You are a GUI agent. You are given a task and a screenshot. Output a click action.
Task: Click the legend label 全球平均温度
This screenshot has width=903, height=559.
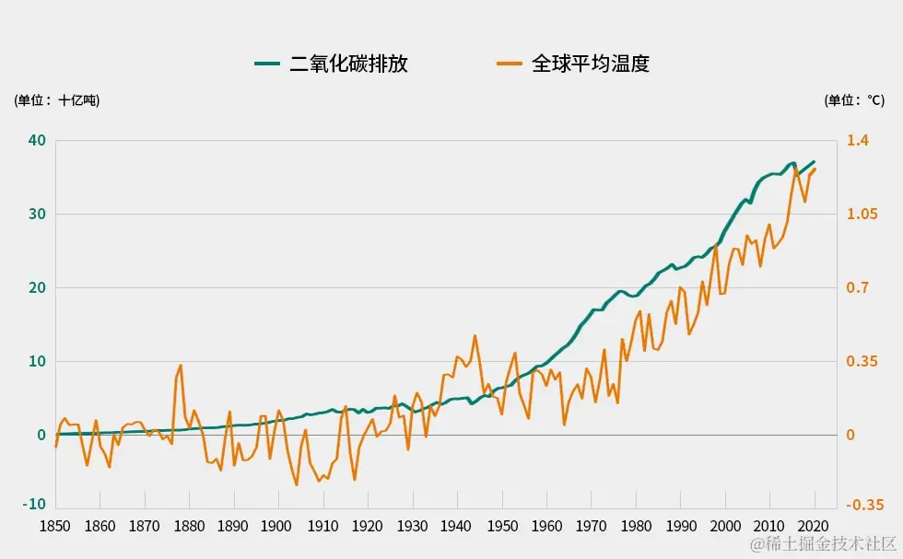click(591, 64)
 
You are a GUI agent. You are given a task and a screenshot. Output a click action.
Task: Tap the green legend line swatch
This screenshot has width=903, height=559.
click(267, 64)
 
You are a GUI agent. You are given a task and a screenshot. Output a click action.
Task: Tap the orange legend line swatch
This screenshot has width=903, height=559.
click(510, 64)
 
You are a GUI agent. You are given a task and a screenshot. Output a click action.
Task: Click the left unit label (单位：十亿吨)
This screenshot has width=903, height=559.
click(56, 100)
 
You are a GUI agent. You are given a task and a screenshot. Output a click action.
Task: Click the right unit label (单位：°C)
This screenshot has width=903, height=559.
click(854, 100)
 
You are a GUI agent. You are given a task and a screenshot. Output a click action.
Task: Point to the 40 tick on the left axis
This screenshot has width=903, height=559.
click(37, 141)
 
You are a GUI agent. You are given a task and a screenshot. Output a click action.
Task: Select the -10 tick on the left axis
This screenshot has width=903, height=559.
click(35, 504)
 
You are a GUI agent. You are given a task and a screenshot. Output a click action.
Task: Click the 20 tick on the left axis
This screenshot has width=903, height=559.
click(37, 288)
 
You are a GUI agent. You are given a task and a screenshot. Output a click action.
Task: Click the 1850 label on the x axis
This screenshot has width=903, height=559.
click(55, 527)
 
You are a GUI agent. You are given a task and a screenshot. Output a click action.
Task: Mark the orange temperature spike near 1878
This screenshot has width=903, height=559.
click(181, 366)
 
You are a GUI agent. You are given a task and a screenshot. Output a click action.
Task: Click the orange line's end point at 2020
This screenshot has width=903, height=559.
click(815, 169)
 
